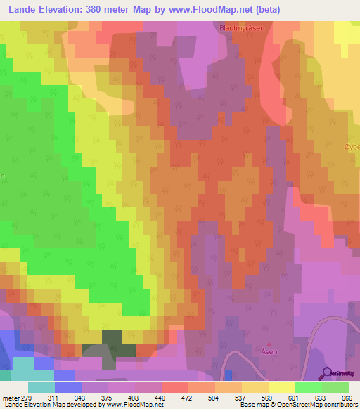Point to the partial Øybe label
coord(352,146)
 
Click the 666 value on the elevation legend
coord(344,398)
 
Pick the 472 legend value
coord(188,398)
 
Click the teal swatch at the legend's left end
coord(41,387)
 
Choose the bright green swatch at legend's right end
coord(335,387)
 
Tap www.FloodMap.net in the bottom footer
coord(133,405)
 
